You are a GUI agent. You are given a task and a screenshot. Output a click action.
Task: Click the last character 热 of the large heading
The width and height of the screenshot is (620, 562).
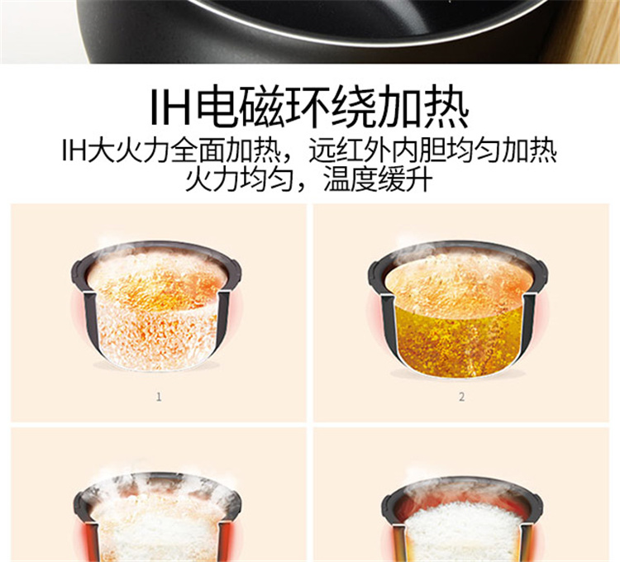[446, 106]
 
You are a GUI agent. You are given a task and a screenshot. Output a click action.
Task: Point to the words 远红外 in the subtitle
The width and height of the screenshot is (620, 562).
[349, 150]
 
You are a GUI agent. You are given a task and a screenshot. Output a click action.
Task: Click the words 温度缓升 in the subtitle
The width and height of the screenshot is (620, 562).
[379, 180]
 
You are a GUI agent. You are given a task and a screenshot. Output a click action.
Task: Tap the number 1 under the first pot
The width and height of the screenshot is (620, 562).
[159, 397]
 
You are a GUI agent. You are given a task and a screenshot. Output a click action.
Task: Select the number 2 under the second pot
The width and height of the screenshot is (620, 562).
[461, 397]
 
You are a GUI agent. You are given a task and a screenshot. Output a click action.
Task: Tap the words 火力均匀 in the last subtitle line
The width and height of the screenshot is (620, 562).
[240, 180]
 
